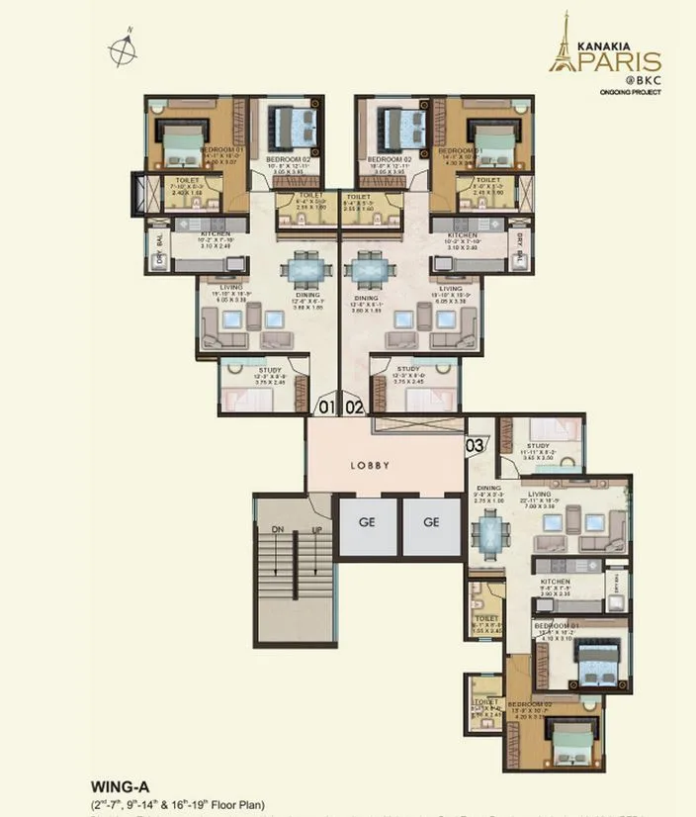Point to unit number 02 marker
coord(355,406)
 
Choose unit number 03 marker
coord(476,445)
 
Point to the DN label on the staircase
coord(278,531)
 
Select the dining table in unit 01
coord(300,269)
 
